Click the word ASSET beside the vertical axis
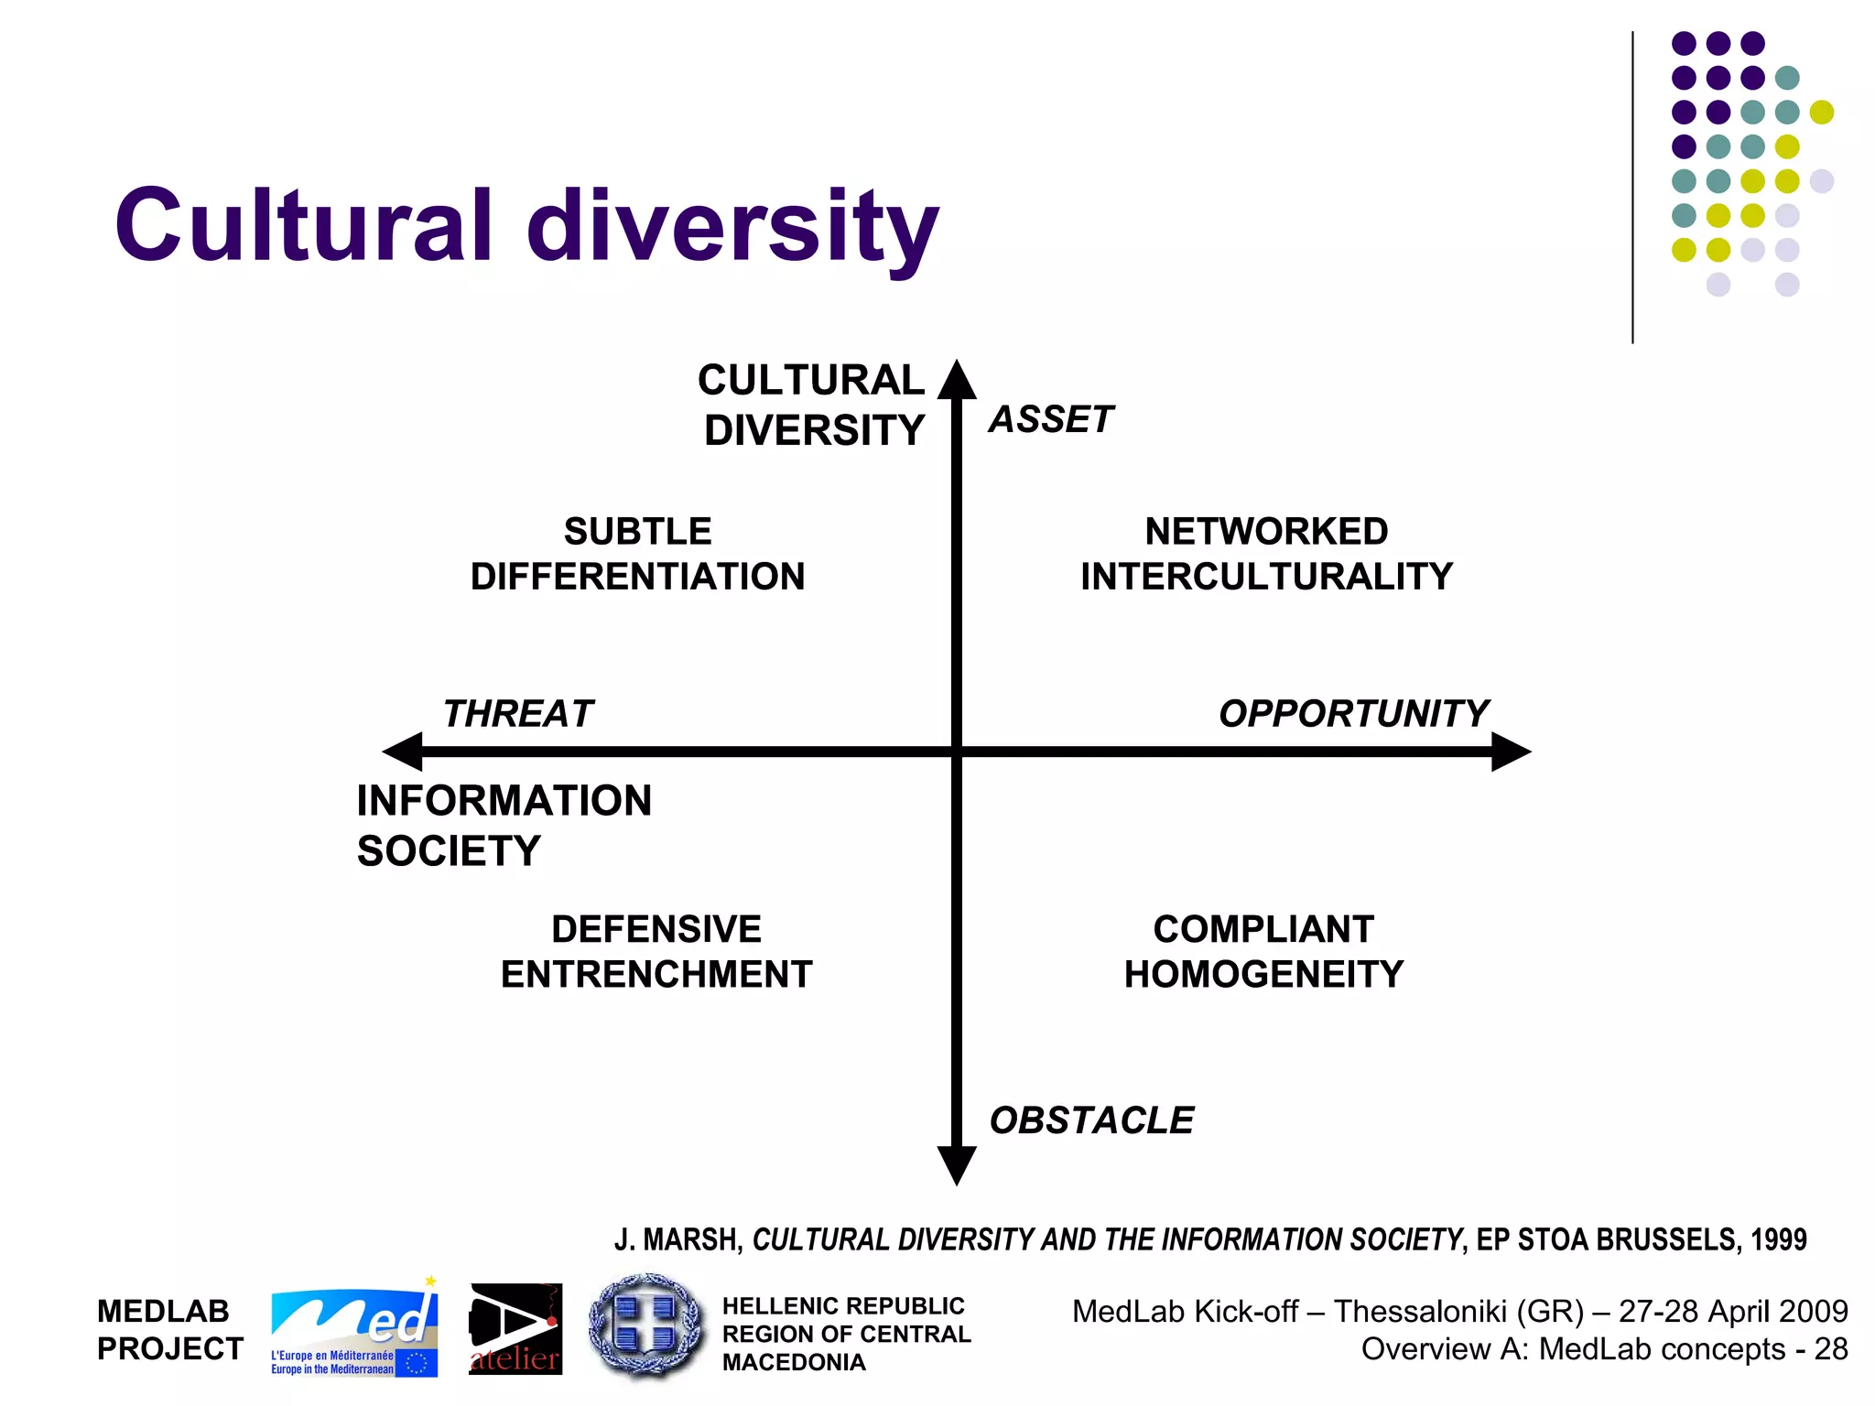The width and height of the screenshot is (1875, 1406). click(1051, 419)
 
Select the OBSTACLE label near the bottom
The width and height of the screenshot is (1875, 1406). click(1091, 1120)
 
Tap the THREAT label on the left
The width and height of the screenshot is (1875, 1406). click(518, 714)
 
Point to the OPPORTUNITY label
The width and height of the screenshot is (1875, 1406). click(1353, 714)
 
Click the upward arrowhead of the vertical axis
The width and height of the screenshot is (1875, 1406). click(957, 380)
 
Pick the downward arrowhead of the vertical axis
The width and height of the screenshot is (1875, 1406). click(957, 1164)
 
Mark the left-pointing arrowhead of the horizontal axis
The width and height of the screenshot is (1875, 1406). click(403, 752)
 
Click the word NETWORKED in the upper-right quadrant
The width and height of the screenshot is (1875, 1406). click(1266, 532)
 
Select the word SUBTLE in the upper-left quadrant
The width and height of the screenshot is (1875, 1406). click(637, 532)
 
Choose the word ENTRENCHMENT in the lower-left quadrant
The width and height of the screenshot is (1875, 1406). click(656, 974)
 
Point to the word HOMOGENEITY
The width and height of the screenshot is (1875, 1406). click(1263, 974)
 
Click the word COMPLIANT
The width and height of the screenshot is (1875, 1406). click(1263, 929)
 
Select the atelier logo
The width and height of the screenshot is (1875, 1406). click(515, 1329)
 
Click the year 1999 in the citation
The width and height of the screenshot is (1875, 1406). click(1779, 1239)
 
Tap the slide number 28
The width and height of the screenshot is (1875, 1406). click(1830, 1349)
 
